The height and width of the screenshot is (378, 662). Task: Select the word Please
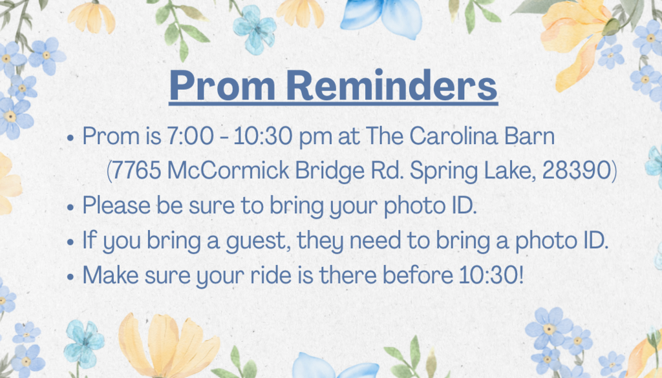click(x=117, y=206)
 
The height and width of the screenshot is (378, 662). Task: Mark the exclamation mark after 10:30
click(x=521, y=275)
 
